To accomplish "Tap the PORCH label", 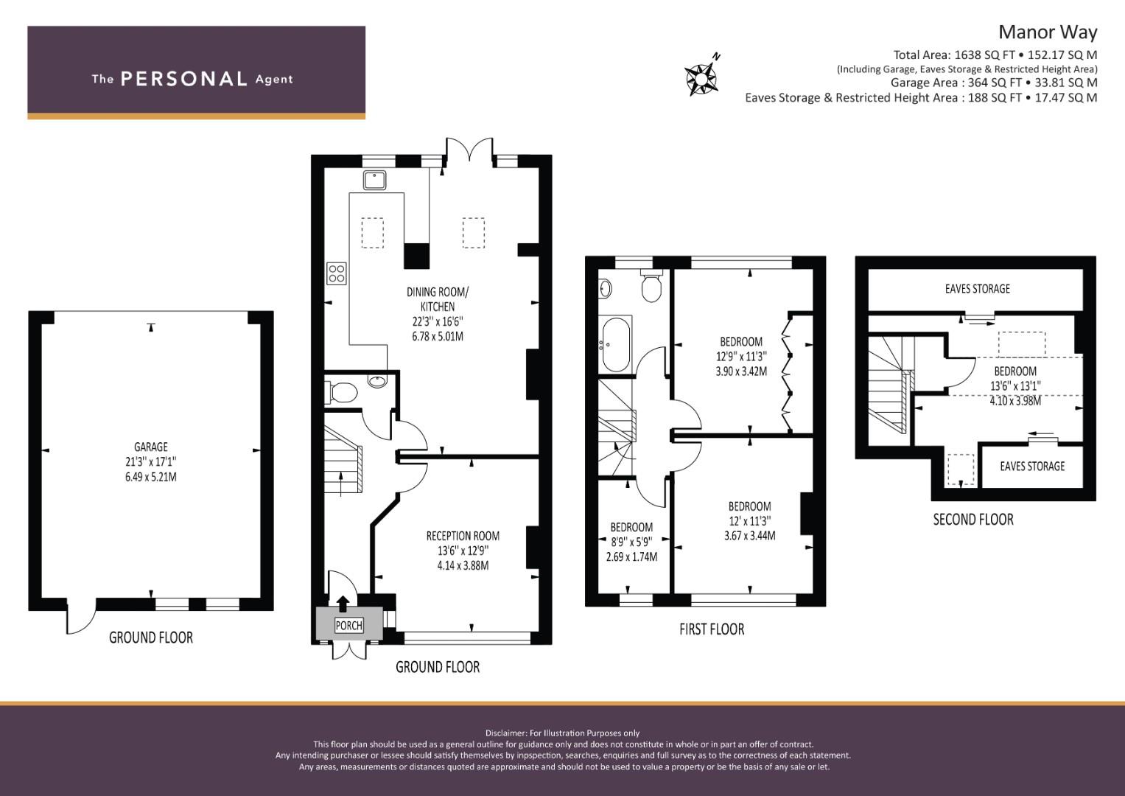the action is (348, 626).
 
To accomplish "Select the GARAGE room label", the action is (151, 447).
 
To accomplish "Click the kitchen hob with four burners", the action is (337, 274).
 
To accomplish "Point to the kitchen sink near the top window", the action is (375, 180).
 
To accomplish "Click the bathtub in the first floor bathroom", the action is (615, 344).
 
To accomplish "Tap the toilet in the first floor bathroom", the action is (651, 285).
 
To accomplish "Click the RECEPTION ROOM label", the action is (463, 536).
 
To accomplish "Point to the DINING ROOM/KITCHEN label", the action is (438, 299).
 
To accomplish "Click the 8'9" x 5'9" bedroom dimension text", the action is (631, 542).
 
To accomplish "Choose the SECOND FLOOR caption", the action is (973, 519).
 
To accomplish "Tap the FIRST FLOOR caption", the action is (712, 629).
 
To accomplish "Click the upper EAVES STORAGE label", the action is (978, 289).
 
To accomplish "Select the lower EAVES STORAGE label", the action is (1032, 467).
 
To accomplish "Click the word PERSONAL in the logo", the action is (184, 79).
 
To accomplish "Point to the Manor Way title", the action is (1048, 32).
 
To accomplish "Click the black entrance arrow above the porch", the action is (343, 604).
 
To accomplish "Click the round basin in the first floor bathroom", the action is (605, 288).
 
